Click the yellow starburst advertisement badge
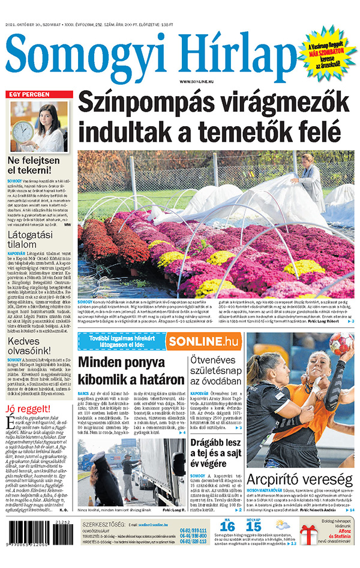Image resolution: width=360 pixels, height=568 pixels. click(x=326, y=53)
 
